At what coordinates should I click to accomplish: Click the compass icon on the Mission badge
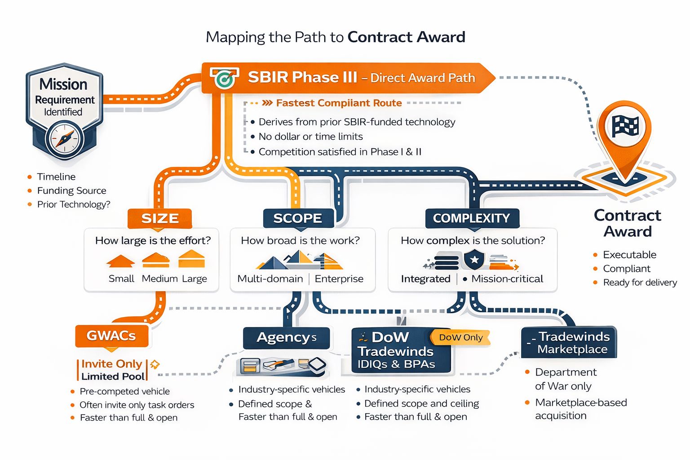click(x=65, y=139)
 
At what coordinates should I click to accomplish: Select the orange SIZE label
click(x=160, y=218)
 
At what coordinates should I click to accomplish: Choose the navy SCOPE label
click(x=297, y=218)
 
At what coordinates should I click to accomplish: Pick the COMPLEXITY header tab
click(x=472, y=218)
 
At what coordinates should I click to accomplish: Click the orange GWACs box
click(x=111, y=336)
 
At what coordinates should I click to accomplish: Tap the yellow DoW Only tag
click(x=460, y=337)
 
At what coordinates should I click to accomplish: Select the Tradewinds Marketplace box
click(x=569, y=343)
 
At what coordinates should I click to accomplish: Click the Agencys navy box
click(x=286, y=338)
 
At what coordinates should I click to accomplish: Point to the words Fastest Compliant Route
click(x=339, y=103)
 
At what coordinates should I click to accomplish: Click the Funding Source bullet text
click(x=71, y=190)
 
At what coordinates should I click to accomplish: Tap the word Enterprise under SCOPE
click(x=339, y=279)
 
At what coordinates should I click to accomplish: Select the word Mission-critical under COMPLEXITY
click(x=507, y=279)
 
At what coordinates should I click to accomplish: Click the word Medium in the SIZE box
click(x=159, y=279)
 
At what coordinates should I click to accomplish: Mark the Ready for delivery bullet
click(x=640, y=283)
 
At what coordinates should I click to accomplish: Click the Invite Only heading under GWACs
click(x=111, y=364)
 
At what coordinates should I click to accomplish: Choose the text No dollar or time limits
click(x=310, y=137)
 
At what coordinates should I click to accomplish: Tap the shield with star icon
click(x=474, y=260)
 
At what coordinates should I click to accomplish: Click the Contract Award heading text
click(x=627, y=223)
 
